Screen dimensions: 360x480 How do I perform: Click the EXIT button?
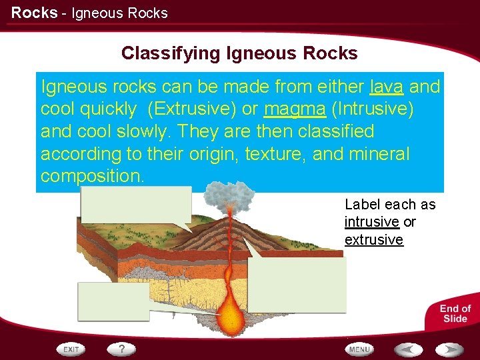click(71, 349)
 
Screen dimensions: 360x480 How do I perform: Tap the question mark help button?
click(122, 349)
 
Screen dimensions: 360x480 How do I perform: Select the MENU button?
click(359, 349)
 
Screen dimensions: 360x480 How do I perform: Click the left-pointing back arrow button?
click(407, 349)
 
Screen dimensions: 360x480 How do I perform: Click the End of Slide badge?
click(455, 313)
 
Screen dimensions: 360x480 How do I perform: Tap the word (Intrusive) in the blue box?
click(373, 109)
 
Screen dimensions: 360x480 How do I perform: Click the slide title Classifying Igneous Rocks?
click(239, 53)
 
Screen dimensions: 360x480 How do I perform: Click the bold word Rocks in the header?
click(34, 13)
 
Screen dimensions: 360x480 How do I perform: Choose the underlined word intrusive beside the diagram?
click(371, 222)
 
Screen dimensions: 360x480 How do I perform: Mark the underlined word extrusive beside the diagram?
click(373, 240)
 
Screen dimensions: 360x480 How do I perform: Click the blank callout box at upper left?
click(136, 205)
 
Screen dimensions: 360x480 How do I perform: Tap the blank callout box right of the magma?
click(297, 285)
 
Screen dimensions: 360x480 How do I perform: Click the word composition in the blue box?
click(91, 176)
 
